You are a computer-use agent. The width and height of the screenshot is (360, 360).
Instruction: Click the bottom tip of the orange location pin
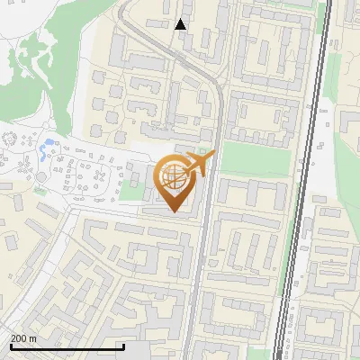pos(173,211)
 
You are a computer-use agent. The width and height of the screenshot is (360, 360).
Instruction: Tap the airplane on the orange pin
pos(197,165)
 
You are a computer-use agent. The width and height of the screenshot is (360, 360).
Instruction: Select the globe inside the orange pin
pos(172,177)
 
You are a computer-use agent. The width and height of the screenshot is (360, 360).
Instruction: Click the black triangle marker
pos(181,24)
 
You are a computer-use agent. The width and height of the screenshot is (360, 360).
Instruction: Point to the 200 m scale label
pos(23,338)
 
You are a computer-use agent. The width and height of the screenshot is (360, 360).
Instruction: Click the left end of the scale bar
pos(11,346)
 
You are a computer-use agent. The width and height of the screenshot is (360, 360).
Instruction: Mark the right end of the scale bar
pos(123,346)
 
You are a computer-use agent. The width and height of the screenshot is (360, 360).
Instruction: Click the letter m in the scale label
pos(32,338)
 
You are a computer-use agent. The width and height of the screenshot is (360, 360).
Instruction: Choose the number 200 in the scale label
pos(19,338)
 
